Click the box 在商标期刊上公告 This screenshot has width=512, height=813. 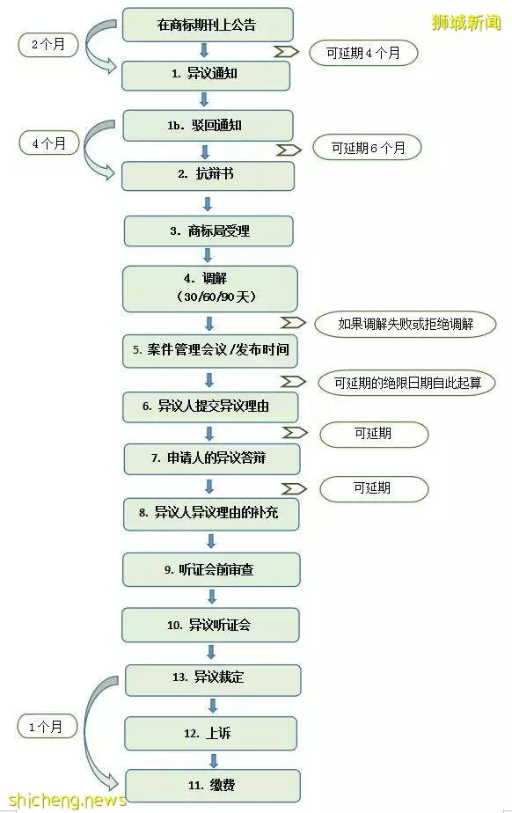point(208,25)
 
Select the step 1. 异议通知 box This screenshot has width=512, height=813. point(205,74)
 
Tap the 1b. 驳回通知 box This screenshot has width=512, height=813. point(208,125)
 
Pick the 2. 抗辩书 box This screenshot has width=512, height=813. point(208,175)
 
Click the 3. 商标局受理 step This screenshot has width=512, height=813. point(208,231)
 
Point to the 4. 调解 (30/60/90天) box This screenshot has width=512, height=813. point(210,289)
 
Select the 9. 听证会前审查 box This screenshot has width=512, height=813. point(211,569)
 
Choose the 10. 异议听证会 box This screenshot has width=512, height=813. point(210,625)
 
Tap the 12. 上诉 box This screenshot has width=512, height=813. point(210,733)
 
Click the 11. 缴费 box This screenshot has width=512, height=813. point(213,786)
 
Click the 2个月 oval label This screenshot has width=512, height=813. point(48,45)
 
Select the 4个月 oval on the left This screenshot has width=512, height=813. point(48,143)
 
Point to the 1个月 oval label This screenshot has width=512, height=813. point(47,727)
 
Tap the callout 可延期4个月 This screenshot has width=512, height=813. point(363,53)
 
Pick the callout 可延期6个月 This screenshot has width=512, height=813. point(368,148)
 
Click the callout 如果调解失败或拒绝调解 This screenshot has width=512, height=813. point(406,325)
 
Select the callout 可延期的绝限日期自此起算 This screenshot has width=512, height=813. point(406,383)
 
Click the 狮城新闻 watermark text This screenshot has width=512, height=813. point(466,22)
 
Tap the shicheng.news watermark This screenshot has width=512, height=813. point(68,799)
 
